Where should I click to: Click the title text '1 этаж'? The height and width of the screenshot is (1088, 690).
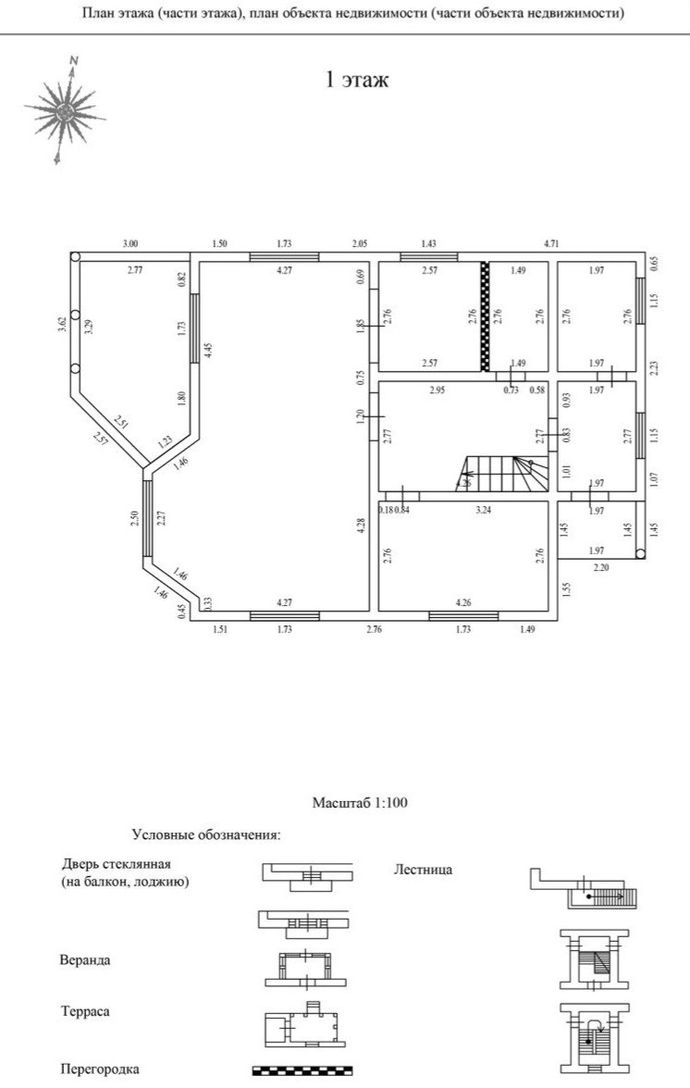tap(356, 80)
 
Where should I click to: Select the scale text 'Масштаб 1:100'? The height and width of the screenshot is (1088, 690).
tap(361, 802)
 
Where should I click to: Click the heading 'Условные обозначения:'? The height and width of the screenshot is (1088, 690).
tap(206, 835)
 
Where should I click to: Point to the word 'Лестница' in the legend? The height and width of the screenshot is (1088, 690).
tap(423, 870)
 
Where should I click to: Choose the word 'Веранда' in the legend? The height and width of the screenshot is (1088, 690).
tap(85, 959)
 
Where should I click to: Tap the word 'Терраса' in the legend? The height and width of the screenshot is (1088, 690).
tap(85, 1011)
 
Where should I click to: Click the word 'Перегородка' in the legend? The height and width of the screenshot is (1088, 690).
tap(100, 1069)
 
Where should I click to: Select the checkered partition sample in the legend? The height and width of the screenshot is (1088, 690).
tap(302, 1070)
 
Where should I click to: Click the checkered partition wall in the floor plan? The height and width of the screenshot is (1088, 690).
tap(483, 316)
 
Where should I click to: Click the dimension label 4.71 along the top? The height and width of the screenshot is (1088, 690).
tap(552, 243)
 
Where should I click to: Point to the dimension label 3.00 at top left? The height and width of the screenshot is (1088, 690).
tap(129, 243)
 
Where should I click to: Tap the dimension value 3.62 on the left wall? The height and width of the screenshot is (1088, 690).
tap(62, 324)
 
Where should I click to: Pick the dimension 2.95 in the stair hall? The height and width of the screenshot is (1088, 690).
tap(438, 390)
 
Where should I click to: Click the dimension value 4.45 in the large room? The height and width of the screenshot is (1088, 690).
tap(209, 350)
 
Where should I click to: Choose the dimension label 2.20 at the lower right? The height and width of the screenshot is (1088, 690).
tap(601, 566)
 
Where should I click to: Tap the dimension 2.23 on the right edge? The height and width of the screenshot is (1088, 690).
tap(654, 367)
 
